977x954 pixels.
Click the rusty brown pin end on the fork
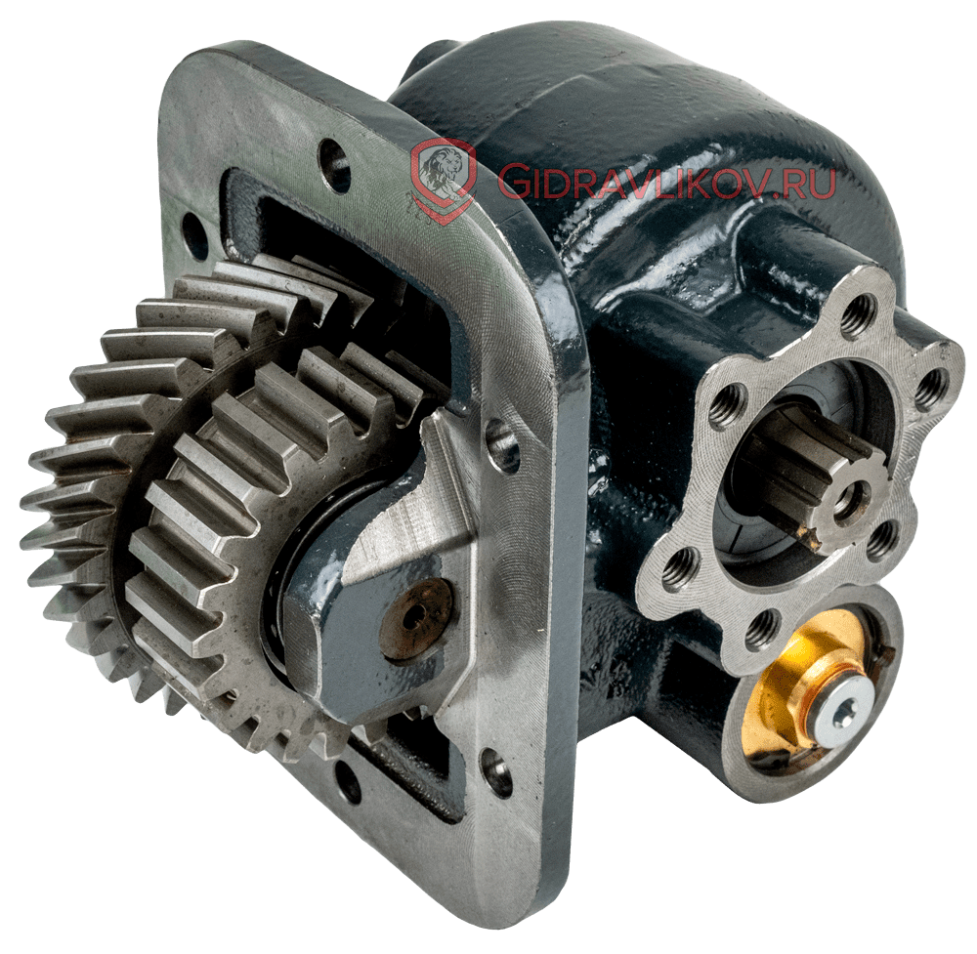[416, 618]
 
